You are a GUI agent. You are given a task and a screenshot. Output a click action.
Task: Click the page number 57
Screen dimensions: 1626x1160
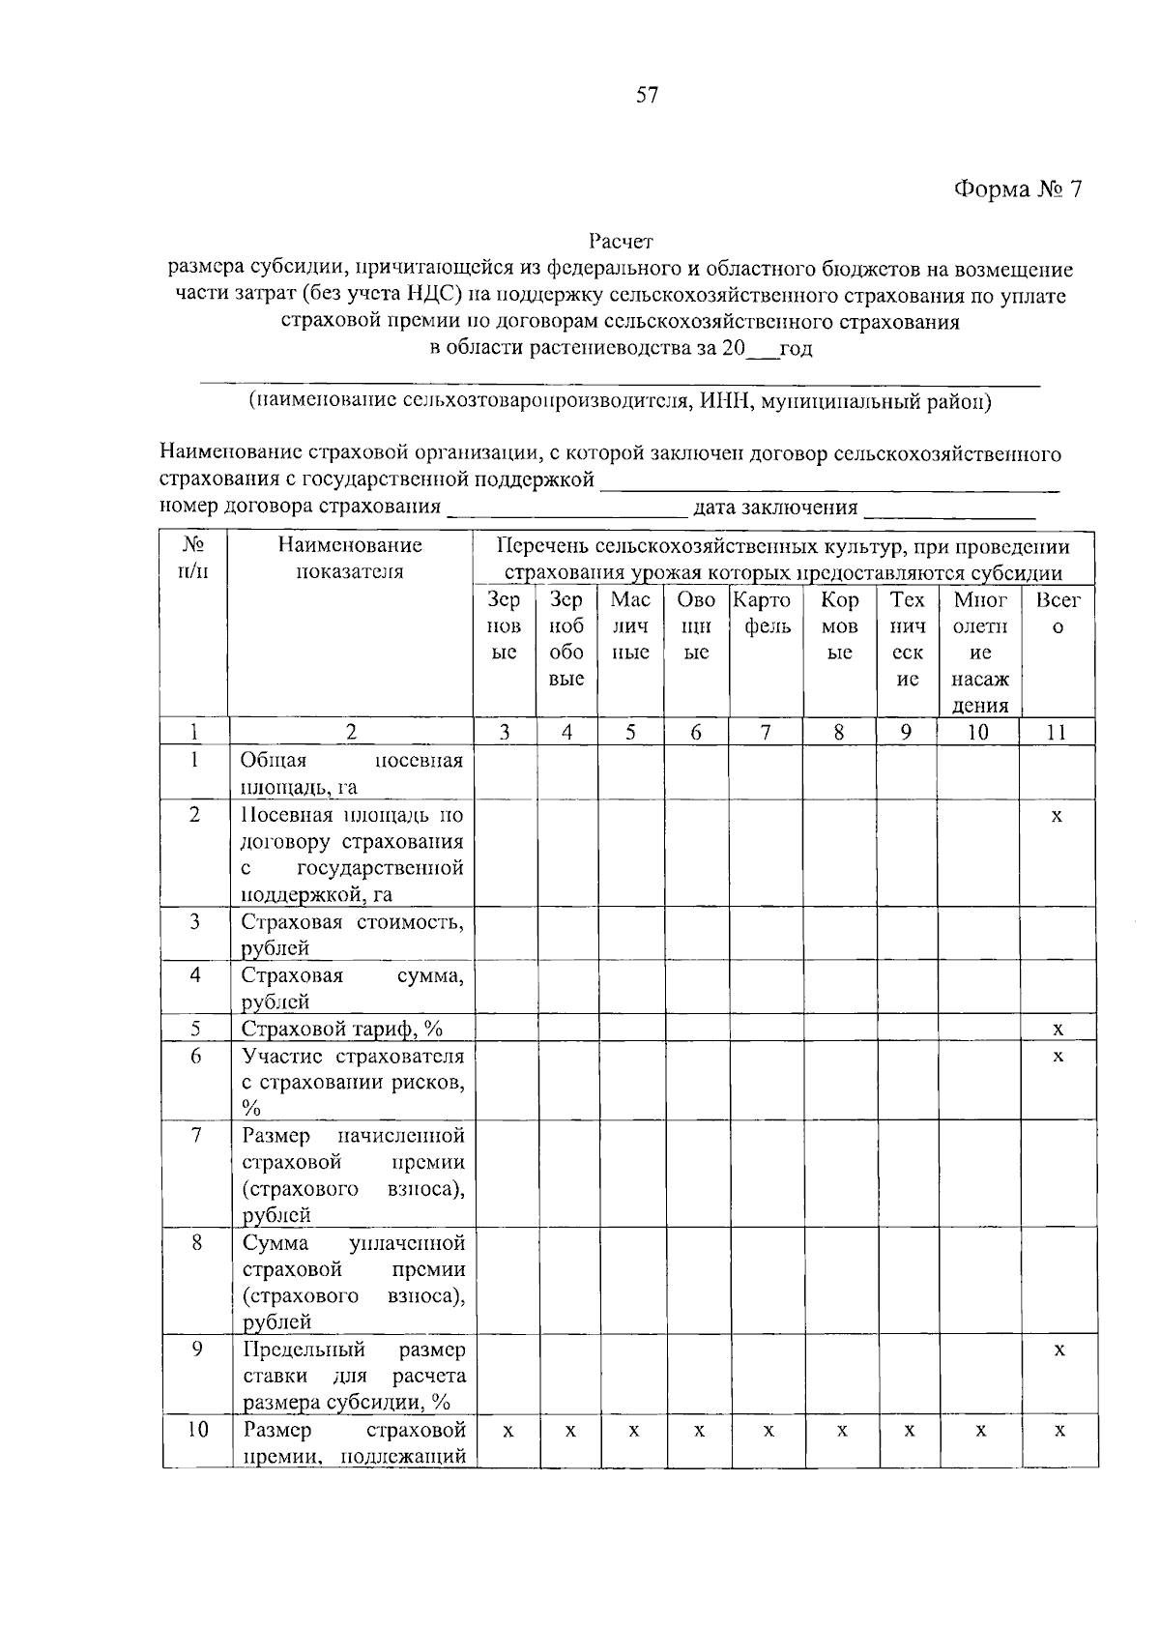click(647, 95)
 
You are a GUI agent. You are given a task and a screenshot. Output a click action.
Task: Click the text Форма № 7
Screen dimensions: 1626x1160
click(1017, 189)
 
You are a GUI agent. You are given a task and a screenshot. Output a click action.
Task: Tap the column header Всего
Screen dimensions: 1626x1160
click(1058, 613)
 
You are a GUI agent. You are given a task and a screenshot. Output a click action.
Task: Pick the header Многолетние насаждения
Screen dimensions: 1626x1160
click(979, 652)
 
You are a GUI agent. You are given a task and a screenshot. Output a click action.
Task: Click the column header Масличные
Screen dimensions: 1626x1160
click(630, 625)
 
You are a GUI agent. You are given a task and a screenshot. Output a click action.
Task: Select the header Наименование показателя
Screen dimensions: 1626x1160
click(350, 557)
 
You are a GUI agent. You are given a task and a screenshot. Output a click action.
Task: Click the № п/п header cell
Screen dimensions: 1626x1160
click(193, 557)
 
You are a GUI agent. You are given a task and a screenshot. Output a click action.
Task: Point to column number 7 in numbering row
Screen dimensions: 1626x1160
click(766, 733)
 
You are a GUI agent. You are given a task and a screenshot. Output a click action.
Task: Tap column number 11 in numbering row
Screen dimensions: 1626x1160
click(1057, 733)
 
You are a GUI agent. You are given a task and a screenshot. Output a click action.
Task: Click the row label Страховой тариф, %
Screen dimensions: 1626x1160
click(342, 1029)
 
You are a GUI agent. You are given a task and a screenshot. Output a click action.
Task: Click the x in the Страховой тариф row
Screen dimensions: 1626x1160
click(1058, 1029)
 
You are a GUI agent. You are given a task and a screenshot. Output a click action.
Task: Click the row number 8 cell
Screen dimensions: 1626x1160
click(196, 1242)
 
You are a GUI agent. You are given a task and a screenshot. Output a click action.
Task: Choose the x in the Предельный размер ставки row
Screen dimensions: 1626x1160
click(1059, 1350)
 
